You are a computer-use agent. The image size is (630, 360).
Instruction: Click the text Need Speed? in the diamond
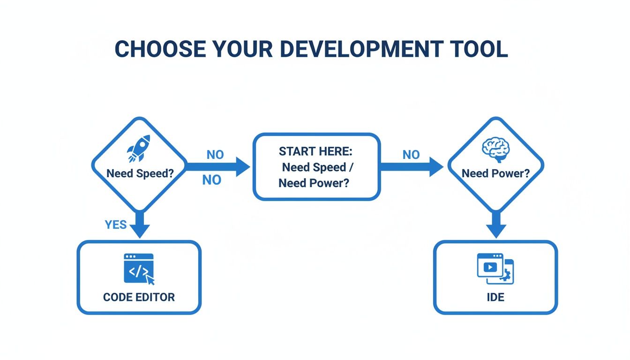140,173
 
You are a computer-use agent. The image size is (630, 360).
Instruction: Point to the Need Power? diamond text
495,173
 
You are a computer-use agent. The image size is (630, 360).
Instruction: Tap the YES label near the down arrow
116,225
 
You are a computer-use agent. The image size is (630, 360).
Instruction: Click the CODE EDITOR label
139,297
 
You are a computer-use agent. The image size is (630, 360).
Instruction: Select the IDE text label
495,297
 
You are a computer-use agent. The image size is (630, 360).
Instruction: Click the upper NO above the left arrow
215,155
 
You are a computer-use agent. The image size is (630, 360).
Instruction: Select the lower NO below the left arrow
211,180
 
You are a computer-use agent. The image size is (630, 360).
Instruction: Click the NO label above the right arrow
411,155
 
